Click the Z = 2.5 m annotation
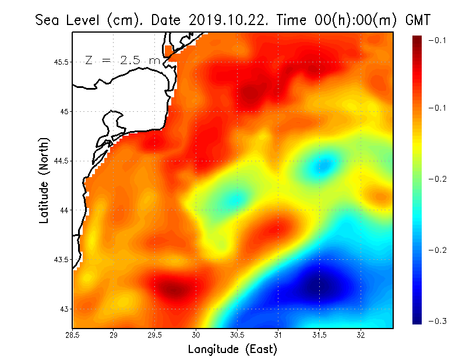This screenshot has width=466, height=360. pos(122,60)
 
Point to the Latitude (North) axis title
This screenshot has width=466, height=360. pos(44,180)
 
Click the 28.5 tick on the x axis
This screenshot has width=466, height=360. pos(72,335)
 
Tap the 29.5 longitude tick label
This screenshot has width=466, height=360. pos(155,335)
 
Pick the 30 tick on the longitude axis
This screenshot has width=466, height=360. pos(196,335)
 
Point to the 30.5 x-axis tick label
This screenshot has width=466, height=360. pos(237,335)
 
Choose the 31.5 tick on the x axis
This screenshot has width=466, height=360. pos(319,335)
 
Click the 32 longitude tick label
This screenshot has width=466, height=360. pos(361,335)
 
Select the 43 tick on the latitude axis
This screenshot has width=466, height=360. pos(63,309)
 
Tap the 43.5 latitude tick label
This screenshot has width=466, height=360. pos(61,259)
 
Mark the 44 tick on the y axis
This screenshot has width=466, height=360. pos(63,210)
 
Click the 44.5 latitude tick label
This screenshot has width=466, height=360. pos(61,161)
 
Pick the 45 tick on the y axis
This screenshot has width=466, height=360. pos(63,111)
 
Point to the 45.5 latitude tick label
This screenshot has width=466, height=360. pos(61,62)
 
